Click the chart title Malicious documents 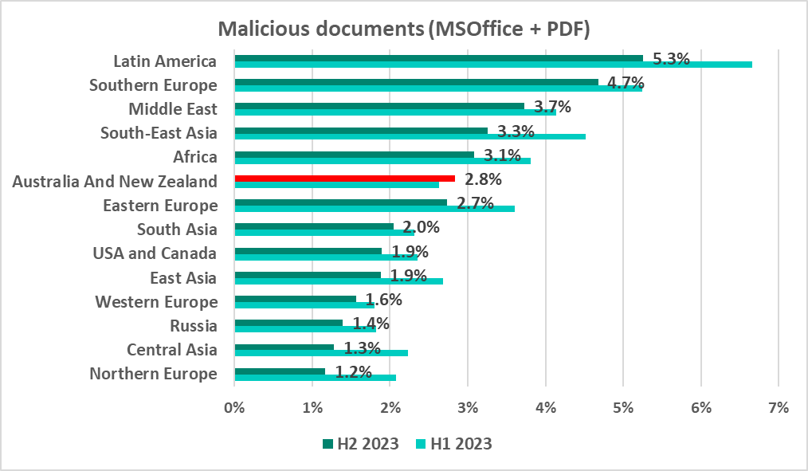[404, 30]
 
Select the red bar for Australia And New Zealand [344, 179]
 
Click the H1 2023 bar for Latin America [493, 65]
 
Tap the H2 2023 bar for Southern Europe [416, 81]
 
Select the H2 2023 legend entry [360, 444]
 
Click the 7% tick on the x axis [778, 407]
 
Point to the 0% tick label [234, 407]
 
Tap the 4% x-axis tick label [545, 407]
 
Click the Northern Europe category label [153, 374]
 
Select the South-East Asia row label [159, 133]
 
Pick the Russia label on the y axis [194, 326]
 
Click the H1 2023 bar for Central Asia [321, 352]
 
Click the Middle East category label [173, 109]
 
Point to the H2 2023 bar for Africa [354, 154]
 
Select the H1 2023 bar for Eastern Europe [375, 209]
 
